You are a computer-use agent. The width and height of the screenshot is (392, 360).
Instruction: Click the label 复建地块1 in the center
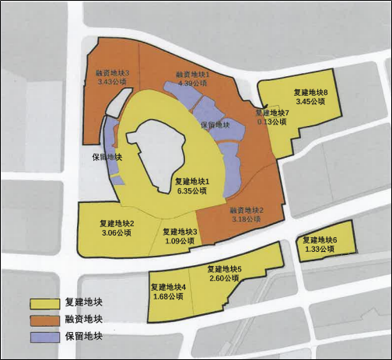[x=192, y=181]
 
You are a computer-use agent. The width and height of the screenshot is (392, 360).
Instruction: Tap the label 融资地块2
[x=247, y=210]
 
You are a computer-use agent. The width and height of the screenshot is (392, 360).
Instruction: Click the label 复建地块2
[x=117, y=224]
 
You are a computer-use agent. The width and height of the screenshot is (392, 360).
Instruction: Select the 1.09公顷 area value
[x=180, y=241]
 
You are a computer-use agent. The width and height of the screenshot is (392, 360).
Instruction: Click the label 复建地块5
[x=226, y=269]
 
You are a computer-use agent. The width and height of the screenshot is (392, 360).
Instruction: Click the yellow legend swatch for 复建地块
[x=44, y=302]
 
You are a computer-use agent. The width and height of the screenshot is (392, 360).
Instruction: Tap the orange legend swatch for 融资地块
[x=44, y=320]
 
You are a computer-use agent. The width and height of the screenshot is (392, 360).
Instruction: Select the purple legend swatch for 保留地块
[x=44, y=337]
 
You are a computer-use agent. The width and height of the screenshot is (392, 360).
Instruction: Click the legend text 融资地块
[x=84, y=320]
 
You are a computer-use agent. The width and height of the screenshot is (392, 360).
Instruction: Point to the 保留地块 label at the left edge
[x=107, y=156]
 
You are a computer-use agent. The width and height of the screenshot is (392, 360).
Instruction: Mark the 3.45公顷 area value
[x=310, y=102]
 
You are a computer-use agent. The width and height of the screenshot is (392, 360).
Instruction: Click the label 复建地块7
[x=271, y=113]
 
